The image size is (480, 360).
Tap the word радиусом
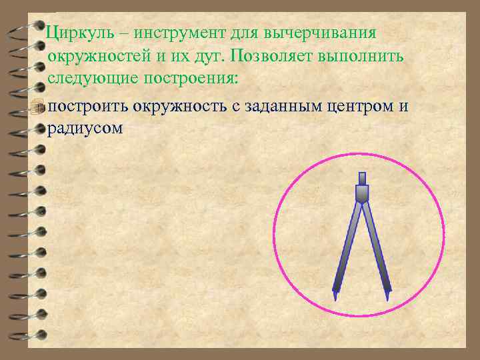(x=85, y=129)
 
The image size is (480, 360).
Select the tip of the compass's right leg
(x=388, y=292)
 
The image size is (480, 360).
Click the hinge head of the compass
(x=362, y=194)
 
